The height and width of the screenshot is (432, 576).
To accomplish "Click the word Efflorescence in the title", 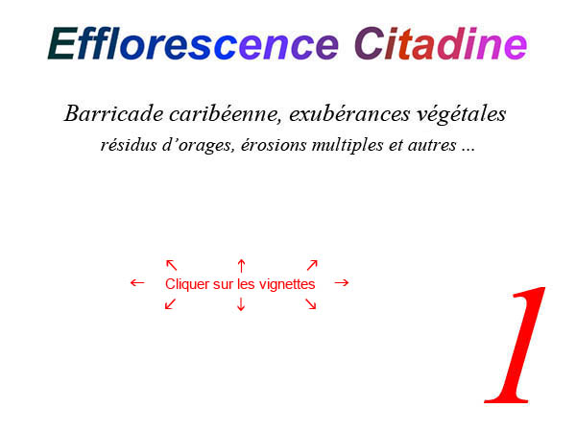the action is pos(193,43).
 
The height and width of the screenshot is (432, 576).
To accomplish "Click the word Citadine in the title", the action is pos(441,43).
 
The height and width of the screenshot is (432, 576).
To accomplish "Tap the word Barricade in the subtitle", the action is pos(114,113).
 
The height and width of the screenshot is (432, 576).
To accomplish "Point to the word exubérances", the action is pos(349,114).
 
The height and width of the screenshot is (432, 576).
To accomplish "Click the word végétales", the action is pos(462,115).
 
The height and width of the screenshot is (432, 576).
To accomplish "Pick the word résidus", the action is pos(129,145).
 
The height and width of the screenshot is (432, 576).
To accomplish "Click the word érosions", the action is pos(274,145).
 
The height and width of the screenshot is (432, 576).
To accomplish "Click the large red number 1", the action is pos(515,345).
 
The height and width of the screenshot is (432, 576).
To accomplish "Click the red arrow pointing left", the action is pos(137,283).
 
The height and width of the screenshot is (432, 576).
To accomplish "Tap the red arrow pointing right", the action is pos(342,282).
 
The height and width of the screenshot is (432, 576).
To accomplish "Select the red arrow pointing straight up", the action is pos(241,266).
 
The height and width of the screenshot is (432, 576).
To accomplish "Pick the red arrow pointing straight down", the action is pos(241,304).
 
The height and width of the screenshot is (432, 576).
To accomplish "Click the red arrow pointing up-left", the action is pos(172,265).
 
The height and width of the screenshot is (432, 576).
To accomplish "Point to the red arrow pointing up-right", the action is pos(312,265).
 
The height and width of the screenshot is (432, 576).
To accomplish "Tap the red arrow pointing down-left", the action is pos(171,304).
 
